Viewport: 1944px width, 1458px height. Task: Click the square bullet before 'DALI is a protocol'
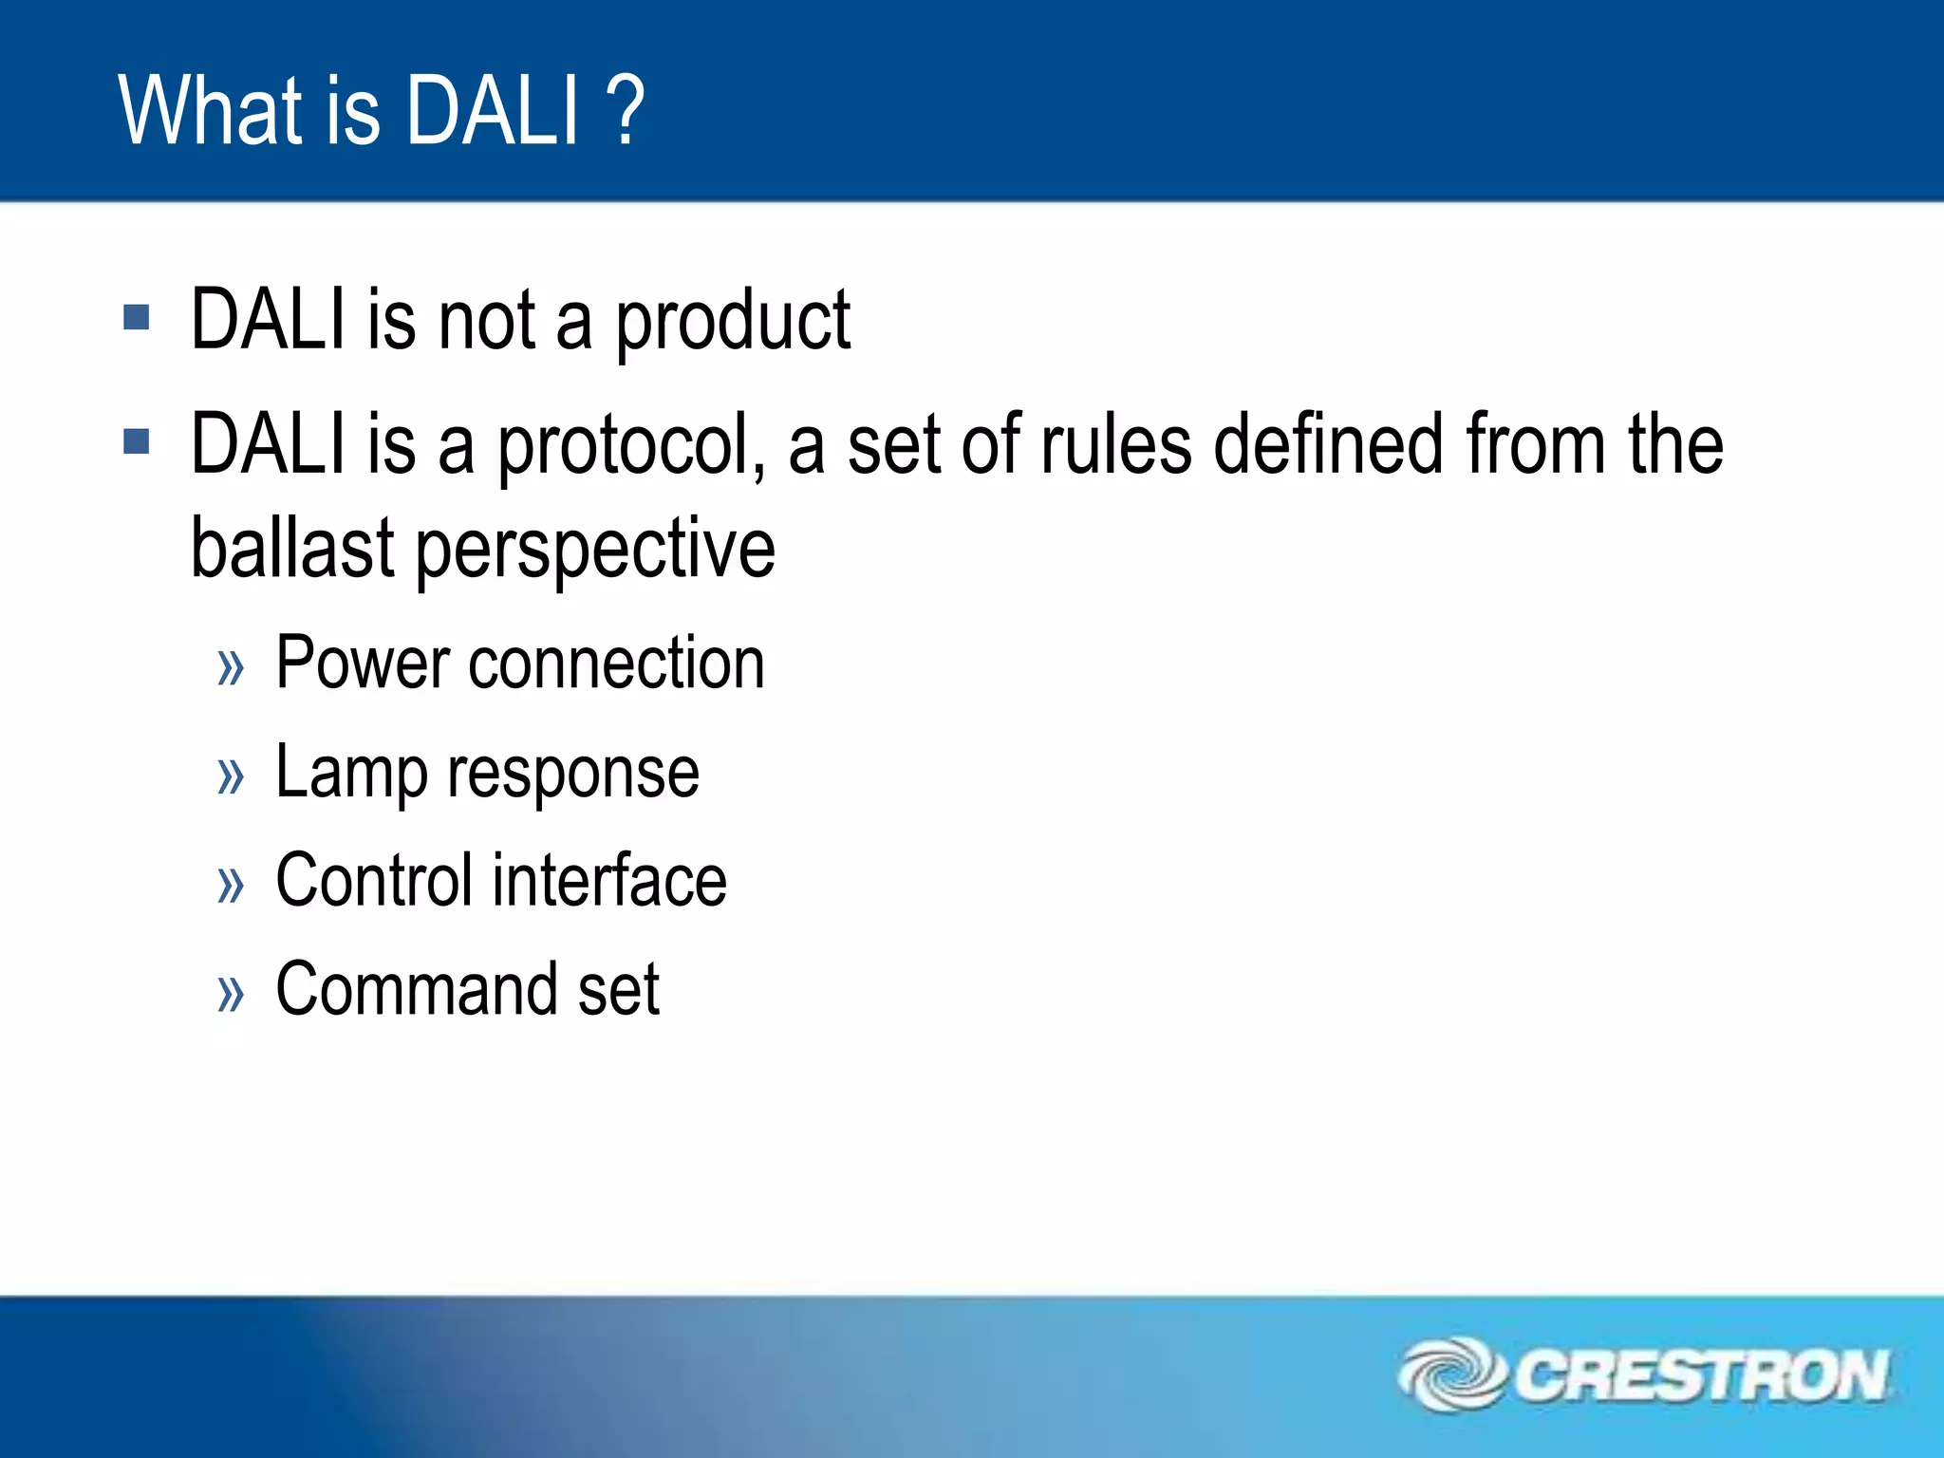click(x=137, y=441)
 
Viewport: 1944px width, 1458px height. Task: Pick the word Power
click(x=362, y=663)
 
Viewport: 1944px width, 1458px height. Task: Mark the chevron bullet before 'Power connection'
click(x=231, y=667)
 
